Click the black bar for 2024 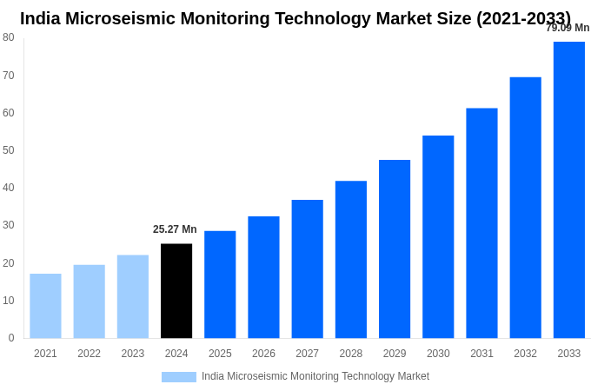click(x=176, y=291)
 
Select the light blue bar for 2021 click(x=45, y=306)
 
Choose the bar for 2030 click(x=438, y=236)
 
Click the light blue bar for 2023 click(x=133, y=296)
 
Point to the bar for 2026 click(x=263, y=277)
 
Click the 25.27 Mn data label click(x=175, y=229)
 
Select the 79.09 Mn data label click(x=568, y=28)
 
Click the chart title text click(x=295, y=18)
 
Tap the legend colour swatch click(x=178, y=377)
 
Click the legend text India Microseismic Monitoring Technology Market click(x=315, y=376)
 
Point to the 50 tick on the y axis click(x=9, y=150)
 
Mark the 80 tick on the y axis click(x=9, y=37)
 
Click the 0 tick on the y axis click(x=11, y=338)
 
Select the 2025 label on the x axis click(x=220, y=354)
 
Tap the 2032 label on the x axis click(x=525, y=354)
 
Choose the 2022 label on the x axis click(x=89, y=354)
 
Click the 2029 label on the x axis click(x=395, y=354)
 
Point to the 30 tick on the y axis click(x=9, y=225)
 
